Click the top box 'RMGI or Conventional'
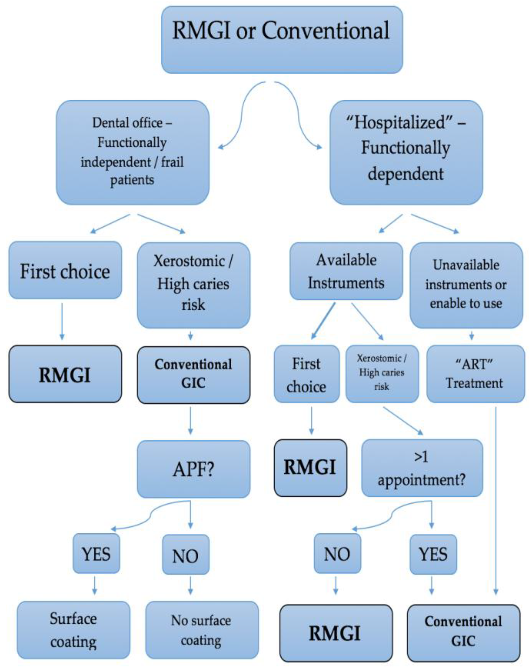point(282,40)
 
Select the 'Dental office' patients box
point(132,152)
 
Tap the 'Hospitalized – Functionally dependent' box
point(406,152)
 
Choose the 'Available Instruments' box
point(346,271)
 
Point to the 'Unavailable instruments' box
point(466,285)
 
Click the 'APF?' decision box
point(194,469)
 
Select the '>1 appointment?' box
point(422,468)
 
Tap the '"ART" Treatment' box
point(475,374)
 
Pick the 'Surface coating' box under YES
point(74,630)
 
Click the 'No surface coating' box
point(202,630)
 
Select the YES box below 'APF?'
point(96,554)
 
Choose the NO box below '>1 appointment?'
point(337,554)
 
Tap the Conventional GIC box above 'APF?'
point(194,374)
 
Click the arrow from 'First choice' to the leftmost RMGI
point(62,321)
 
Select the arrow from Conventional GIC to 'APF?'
point(190,420)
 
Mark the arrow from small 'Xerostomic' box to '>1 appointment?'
point(403,420)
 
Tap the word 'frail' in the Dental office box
point(172,162)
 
